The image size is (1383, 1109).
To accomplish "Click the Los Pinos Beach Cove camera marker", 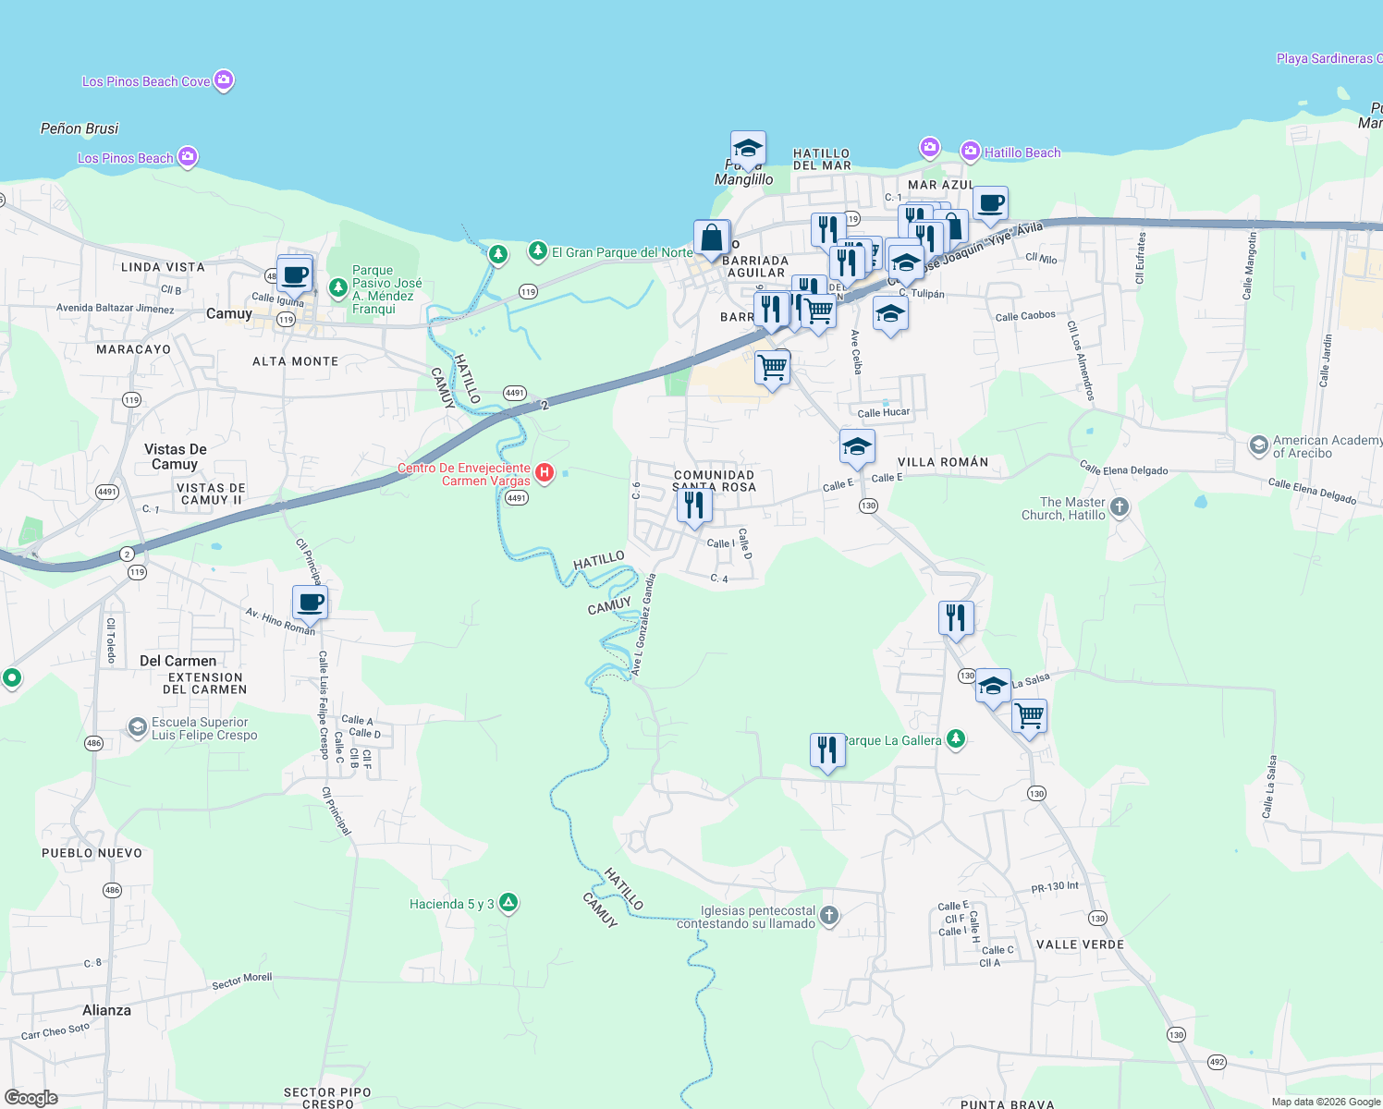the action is point(224,80).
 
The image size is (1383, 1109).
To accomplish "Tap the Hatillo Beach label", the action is point(1022,152).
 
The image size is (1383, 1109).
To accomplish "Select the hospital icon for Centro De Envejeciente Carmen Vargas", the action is point(545,474).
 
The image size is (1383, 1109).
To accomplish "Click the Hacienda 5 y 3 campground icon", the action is point(508,903).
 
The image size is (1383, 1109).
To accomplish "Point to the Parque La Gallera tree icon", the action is point(956,739).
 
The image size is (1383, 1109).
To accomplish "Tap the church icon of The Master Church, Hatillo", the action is point(1120,506).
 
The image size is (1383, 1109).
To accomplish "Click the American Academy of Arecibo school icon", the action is point(1257,446).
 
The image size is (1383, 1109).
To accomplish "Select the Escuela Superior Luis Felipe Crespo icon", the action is point(138,728).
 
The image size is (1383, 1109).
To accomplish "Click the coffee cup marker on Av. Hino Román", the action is point(310,603).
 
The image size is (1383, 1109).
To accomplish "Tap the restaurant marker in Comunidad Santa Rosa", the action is point(693,506).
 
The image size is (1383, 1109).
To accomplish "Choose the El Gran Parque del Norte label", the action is point(622,252).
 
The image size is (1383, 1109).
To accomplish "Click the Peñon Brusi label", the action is point(80,128).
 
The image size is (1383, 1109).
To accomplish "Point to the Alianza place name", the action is point(106,1010).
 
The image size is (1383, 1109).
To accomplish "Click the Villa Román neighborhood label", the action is point(942,462).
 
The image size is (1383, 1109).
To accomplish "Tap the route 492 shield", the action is point(1217,1062).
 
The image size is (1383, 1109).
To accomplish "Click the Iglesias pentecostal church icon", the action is point(829,916).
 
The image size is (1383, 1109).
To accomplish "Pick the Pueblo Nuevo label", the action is point(92,853).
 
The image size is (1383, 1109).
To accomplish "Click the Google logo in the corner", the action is point(31,1097).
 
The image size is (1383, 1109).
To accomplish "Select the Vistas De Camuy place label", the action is point(175,457).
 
